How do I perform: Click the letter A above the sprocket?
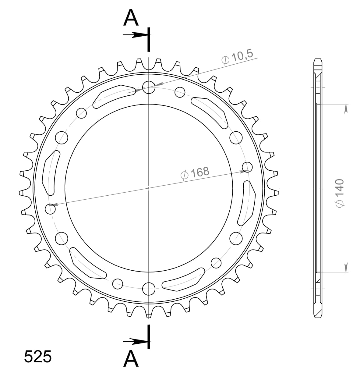(131, 18)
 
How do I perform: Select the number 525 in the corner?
(38, 357)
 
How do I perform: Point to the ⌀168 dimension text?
(195, 173)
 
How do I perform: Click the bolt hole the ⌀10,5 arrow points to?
(149, 87)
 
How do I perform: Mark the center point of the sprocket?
(149, 188)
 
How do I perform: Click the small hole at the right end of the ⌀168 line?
(247, 167)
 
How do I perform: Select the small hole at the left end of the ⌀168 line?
(50, 209)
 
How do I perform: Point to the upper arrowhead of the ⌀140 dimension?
(346, 108)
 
